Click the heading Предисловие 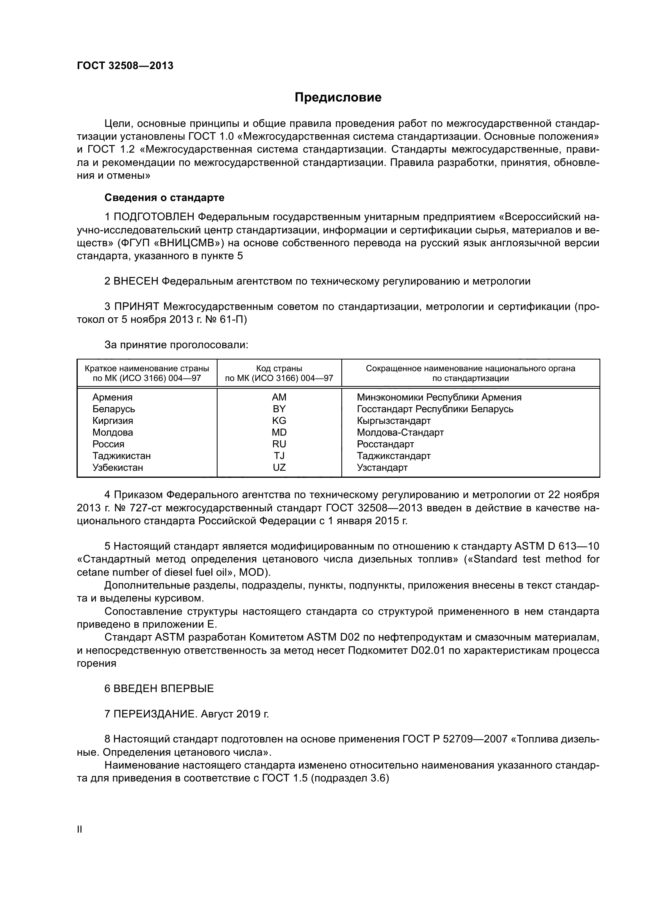(338, 98)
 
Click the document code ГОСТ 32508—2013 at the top (125, 66)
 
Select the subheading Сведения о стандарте (164, 198)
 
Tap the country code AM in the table (279, 397)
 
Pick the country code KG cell (279, 421)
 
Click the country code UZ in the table (279, 468)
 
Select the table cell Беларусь (113, 409)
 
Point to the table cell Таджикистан (121, 456)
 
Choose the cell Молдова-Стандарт (400, 432)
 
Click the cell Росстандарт (385, 444)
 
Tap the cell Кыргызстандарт (393, 421)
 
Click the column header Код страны (279, 368)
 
